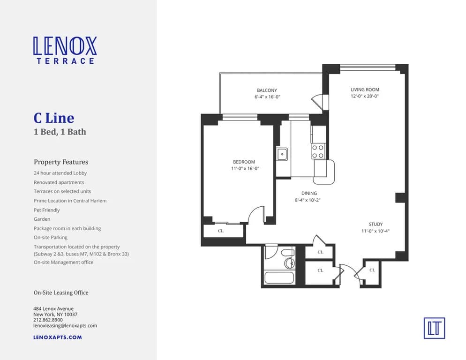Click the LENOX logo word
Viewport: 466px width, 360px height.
(x=65, y=46)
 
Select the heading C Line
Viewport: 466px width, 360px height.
(x=53, y=118)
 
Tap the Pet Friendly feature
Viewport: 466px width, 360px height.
(x=47, y=210)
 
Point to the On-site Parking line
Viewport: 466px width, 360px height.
(x=51, y=238)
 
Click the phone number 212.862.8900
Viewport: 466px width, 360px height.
(x=48, y=320)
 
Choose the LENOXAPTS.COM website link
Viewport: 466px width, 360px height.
(x=58, y=337)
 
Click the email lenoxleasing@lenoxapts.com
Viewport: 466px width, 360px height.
(x=65, y=325)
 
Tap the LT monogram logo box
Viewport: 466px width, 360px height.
(x=434, y=328)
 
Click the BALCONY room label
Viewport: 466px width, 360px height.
(x=267, y=90)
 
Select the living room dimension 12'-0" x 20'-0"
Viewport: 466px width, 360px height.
(x=365, y=96)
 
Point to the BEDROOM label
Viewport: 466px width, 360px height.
(x=244, y=162)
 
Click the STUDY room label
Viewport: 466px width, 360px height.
(x=376, y=224)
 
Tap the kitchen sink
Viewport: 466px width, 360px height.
(x=282, y=154)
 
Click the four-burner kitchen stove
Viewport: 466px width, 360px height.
(x=318, y=151)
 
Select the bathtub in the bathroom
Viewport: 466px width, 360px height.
(x=279, y=277)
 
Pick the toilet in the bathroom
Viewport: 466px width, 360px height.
(x=288, y=262)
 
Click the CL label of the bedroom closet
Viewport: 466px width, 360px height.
(x=221, y=231)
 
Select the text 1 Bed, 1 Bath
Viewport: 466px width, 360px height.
(x=60, y=132)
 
